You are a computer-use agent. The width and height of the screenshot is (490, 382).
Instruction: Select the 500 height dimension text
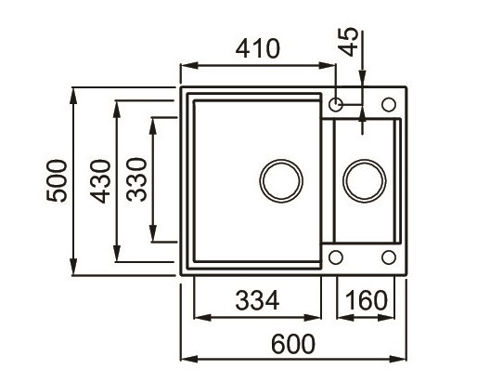57,179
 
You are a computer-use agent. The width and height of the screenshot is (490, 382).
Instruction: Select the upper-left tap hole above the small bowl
337,102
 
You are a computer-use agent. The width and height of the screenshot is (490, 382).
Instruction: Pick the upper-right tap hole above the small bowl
387,102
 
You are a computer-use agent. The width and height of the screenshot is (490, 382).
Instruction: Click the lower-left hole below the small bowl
337,256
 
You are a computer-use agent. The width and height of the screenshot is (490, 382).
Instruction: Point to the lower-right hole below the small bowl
387,256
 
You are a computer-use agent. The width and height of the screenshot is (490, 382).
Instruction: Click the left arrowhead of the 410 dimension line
185,65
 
